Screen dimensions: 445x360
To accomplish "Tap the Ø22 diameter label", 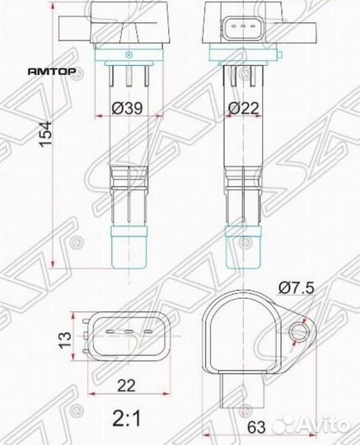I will point(245,106).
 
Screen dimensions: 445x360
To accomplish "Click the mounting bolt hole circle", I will point(298,331).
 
